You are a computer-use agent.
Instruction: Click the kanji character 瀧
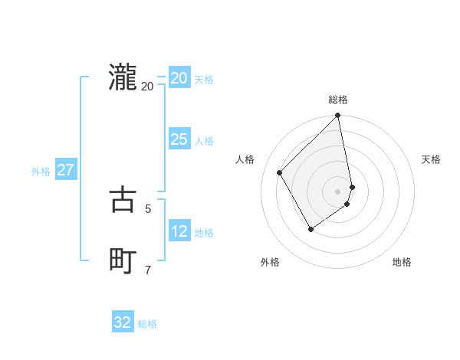(123, 77)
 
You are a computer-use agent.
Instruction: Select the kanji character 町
(123, 260)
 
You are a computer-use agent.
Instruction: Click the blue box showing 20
(179, 78)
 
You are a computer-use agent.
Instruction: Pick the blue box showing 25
(179, 139)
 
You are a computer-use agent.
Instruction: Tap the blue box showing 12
(179, 231)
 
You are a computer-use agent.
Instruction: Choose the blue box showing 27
(66, 170)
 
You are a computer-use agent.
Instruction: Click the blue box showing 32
(123, 322)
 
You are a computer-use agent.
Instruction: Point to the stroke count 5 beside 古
(148, 208)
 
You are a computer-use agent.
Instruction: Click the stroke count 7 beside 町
(148, 269)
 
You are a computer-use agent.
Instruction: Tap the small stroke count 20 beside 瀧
(148, 86)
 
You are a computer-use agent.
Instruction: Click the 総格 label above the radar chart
(338, 100)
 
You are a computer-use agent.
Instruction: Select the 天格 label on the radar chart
(431, 159)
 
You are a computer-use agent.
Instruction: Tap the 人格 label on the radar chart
(245, 159)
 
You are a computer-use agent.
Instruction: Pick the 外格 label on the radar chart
(270, 262)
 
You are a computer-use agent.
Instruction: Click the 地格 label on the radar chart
(402, 262)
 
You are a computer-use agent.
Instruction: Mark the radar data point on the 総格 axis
(338, 116)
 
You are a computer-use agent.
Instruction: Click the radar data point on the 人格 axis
(280, 172)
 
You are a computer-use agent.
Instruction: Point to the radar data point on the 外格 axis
(310, 229)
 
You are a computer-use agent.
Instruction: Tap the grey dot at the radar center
(338, 191)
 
